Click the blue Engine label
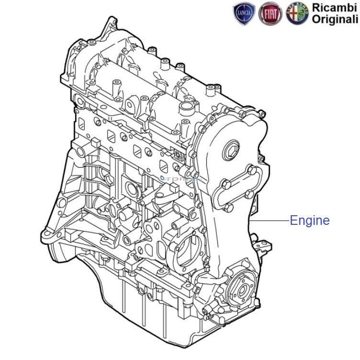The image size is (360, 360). (x=310, y=221)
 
